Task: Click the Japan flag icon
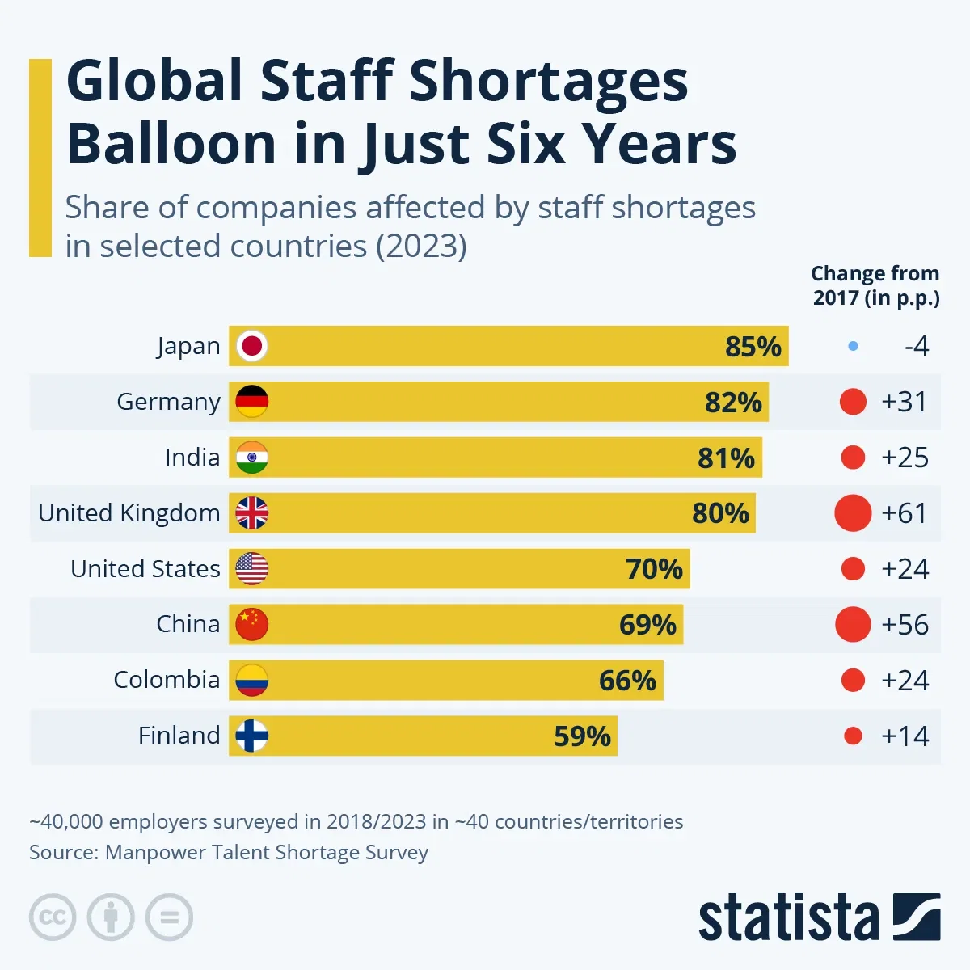(x=252, y=346)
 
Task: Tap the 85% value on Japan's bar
(x=753, y=347)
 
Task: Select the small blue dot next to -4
(x=854, y=347)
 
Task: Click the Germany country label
(x=168, y=402)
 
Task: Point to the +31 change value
(x=904, y=402)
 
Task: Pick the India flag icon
(x=252, y=458)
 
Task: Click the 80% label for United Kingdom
(x=720, y=513)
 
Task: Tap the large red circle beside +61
(x=853, y=513)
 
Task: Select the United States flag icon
(x=252, y=569)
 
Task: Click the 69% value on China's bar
(x=647, y=625)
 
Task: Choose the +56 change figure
(x=904, y=625)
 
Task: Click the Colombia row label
(x=167, y=680)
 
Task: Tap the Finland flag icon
(x=252, y=736)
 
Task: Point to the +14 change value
(x=904, y=736)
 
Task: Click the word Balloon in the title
(x=171, y=144)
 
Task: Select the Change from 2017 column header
(x=875, y=285)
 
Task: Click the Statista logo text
(x=788, y=918)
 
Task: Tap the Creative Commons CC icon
(x=53, y=917)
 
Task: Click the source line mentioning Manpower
(x=229, y=853)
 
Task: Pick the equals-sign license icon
(x=169, y=917)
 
